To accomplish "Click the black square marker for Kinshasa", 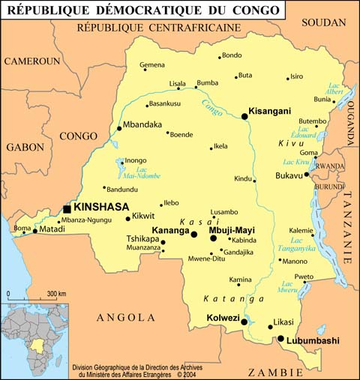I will [67, 208].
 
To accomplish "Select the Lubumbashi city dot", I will [280, 339].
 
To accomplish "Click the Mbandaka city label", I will [142, 124].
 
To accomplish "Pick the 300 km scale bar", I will [30, 298].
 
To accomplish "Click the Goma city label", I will [308, 152].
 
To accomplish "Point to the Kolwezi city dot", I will [244, 322].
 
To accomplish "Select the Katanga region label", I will [224, 298].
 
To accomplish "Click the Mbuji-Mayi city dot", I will [214, 238].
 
